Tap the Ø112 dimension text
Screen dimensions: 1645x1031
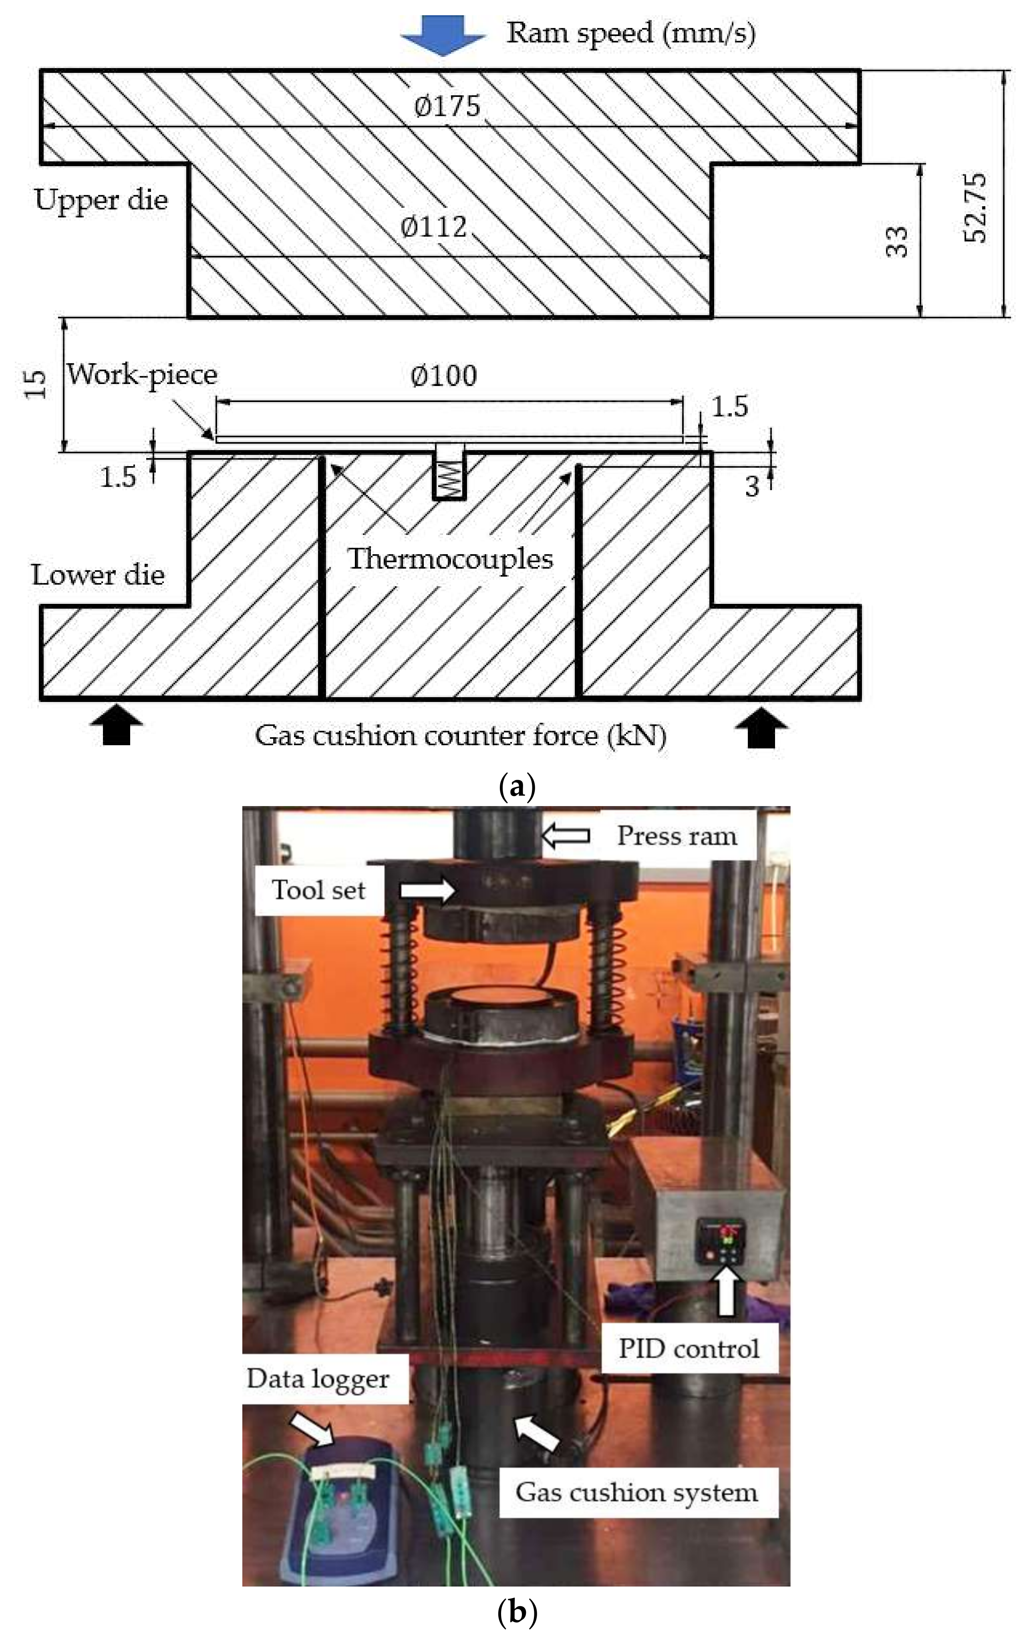coord(434,226)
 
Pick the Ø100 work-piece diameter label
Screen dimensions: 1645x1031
coord(444,376)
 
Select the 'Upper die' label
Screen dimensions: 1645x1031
coord(101,200)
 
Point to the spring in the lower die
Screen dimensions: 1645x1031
coord(449,479)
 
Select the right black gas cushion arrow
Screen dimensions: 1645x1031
coord(761,730)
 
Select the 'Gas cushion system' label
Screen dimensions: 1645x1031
coord(636,1492)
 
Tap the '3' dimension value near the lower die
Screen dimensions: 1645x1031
coord(751,486)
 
